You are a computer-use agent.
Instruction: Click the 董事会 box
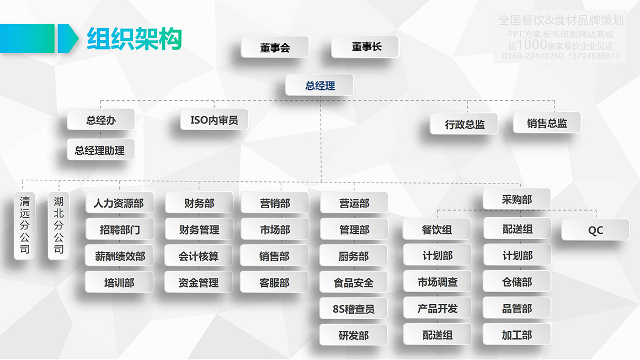[275, 47]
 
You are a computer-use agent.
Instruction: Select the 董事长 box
[365, 47]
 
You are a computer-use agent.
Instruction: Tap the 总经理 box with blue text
[319, 85]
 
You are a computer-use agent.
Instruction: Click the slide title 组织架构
[134, 39]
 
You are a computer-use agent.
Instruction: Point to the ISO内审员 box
[214, 120]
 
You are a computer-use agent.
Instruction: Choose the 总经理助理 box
[100, 150]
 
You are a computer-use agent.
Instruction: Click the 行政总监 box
[464, 124]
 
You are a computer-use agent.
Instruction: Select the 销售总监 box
[547, 123]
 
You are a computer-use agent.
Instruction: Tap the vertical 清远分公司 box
[24, 225]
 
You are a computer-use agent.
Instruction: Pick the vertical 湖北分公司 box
[58, 225]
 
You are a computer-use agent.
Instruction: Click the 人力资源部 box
[119, 203]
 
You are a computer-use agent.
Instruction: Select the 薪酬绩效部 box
[119, 256]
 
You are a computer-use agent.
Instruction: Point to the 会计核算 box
[199, 256]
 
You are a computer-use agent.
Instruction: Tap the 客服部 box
[274, 282]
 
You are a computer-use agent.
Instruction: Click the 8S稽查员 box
[353, 309]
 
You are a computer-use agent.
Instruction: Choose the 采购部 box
[516, 199]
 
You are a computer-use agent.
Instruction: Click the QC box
[595, 230]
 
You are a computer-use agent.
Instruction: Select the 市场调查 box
[437, 282]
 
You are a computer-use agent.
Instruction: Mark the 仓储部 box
[516, 282]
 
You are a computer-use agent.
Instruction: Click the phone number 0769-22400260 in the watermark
[532, 56]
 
